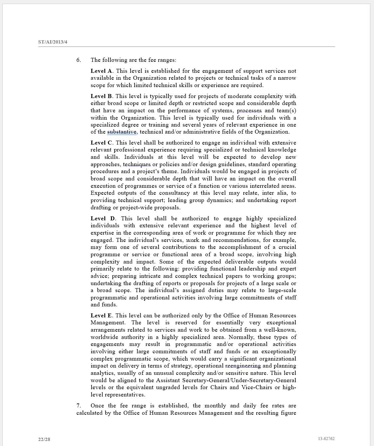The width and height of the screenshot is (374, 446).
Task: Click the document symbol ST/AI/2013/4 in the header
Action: [53, 42]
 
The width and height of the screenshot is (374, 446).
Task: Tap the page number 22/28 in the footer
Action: [44, 439]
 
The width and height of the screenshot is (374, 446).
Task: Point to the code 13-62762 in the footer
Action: [326, 438]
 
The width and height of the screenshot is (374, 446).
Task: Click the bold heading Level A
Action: [102, 71]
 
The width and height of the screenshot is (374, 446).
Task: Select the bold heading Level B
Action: [101, 96]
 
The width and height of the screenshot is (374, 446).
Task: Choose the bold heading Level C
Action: [101, 143]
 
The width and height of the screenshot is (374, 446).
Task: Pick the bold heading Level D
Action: [103, 218]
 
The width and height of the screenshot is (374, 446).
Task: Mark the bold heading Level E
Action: [101, 315]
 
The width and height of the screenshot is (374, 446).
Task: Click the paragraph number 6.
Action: [79, 60]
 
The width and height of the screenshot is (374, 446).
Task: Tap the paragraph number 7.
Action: [79, 405]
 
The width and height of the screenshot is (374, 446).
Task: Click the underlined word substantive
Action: [122, 132]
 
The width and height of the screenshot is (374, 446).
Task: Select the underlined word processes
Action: [249, 110]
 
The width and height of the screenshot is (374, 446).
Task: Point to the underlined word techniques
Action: [137, 164]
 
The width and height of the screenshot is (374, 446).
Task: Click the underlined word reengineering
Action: [243, 366]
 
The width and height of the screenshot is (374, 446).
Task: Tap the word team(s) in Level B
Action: [286, 110]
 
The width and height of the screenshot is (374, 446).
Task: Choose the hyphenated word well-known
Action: [279, 330]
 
